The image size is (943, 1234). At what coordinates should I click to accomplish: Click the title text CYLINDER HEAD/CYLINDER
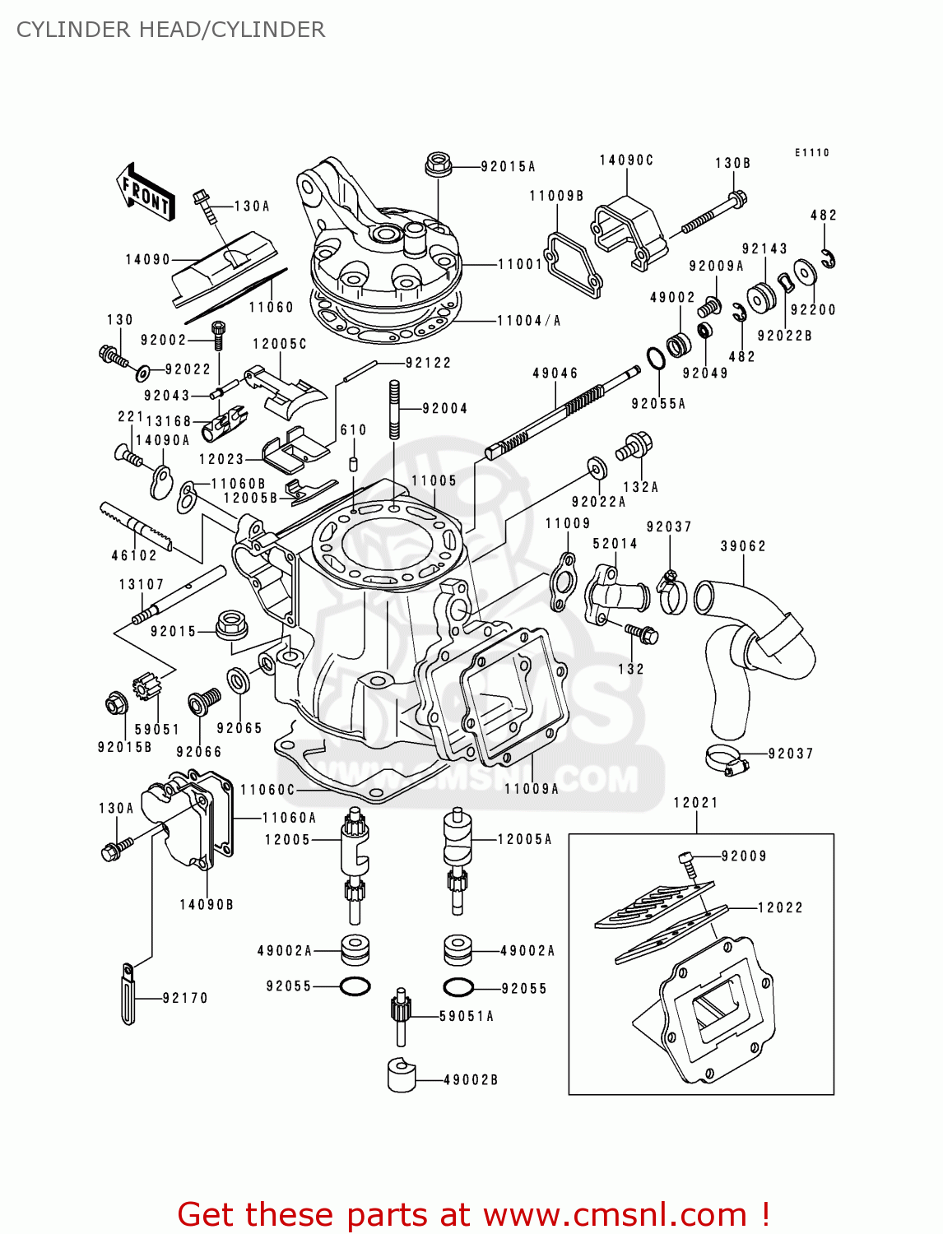tap(170, 30)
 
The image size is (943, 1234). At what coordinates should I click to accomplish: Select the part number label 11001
tap(520, 264)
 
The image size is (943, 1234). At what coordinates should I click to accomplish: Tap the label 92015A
tap(508, 166)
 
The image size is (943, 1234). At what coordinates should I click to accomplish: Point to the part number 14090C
tap(625, 160)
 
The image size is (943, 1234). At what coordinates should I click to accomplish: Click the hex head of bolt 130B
tap(738, 198)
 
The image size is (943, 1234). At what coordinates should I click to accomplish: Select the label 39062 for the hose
tap(742, 545)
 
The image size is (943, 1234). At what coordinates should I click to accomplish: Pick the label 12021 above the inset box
tap(695, 802)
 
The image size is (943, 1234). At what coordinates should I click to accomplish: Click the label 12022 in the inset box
tap(779, 907)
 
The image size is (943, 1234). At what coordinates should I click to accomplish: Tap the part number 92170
tap(185, 998)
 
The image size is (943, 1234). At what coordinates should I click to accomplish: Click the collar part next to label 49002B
tap(401, 1075)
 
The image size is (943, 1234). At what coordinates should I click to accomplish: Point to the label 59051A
tap(466, 1016)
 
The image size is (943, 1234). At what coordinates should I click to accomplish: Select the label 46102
tap(134, 555)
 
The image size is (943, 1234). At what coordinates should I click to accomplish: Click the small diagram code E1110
tap(811, 152)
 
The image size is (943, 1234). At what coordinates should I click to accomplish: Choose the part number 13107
tap(142, 584)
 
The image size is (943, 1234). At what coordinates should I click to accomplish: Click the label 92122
tap(428, 362)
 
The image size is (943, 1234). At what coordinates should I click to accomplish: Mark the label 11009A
tap(531, 788)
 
